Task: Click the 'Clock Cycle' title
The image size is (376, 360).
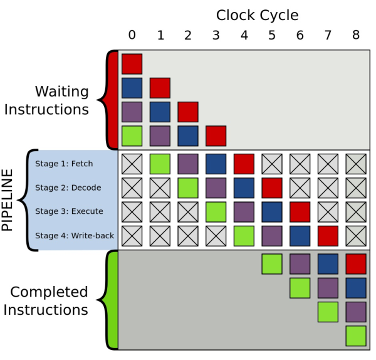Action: point(257,16)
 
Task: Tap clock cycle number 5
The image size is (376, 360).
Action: point(272,35)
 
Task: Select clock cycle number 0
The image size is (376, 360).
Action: point(132,35)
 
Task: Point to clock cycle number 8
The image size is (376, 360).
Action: point(356,35)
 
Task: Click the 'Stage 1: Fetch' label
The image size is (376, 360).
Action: point(64,164)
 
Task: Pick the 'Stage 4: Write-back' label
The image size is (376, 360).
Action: point(75,236)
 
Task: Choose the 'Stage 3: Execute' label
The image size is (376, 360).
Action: point(69,211)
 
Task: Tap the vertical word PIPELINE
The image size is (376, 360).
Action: point(7,200)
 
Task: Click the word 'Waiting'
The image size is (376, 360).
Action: point(62,92)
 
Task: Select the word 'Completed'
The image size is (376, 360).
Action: point(49,292)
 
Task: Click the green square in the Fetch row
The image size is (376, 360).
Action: point(160,164)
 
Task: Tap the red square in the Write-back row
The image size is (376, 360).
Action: point(328,236)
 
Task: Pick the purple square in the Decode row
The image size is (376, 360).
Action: point(216,188)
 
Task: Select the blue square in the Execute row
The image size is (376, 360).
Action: point(272,212)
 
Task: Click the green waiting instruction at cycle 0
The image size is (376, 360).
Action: point(132,136)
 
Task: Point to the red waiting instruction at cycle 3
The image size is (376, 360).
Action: point(216,136)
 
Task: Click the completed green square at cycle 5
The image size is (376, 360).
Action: point(272,264)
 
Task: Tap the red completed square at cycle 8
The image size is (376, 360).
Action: point(356,264)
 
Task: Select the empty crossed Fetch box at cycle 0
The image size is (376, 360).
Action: point(132,164)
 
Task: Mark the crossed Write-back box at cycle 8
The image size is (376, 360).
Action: point(356,236)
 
